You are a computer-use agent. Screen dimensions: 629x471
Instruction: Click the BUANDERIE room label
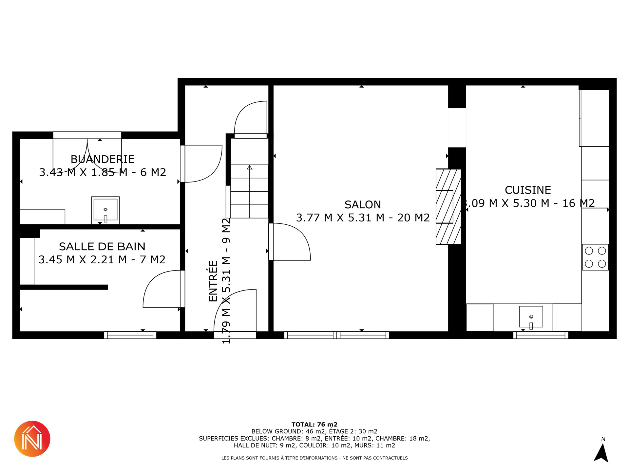coord(103,159)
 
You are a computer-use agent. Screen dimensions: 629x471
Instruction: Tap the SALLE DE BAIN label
coord(102,246)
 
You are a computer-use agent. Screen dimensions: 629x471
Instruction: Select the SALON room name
coord(363,204)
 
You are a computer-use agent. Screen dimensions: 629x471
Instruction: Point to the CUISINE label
coord(528,190)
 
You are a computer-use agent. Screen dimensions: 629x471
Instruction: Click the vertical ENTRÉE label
coord(213,281)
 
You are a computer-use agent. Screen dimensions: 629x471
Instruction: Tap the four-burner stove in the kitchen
coord(595,257)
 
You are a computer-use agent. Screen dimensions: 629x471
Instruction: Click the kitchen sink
coord(531,317)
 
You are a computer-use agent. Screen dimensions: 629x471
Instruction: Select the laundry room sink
coord(105,210)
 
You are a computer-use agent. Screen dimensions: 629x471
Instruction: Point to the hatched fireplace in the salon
coord(448,206)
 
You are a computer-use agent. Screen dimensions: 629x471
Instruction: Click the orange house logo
coord(32,439)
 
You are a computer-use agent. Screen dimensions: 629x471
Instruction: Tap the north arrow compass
coord(601,452)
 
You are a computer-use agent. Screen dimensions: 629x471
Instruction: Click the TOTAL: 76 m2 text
coord(314,425)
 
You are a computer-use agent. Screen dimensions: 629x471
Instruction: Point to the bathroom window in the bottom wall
coord(130,335)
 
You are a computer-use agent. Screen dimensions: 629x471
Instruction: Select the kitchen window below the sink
coord(541,335)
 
